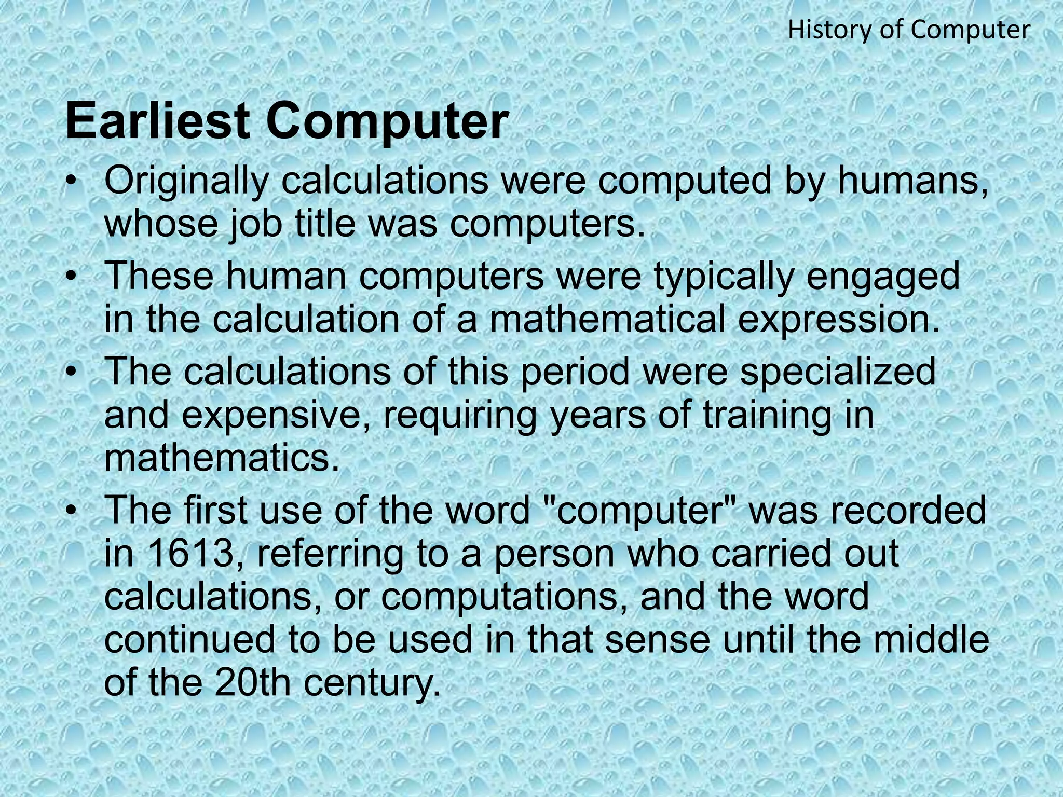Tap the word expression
(x=839, y=320)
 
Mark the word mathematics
(x=222, y=458)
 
